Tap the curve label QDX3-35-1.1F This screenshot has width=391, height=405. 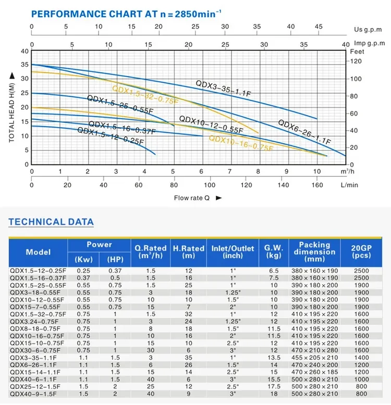click(224, 87)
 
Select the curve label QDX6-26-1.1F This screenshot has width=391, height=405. click(304, 132)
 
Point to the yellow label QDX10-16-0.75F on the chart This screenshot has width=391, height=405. click(241, 143)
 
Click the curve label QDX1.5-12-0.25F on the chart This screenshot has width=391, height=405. click(110, 136)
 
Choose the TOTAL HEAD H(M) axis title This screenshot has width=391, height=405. click(11, 108)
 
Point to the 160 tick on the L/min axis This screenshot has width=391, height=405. click(317, 185)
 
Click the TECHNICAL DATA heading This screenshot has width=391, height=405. click(51, 222)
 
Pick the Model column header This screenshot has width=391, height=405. click(38, 252)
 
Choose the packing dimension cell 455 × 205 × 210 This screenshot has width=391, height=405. click(314, 358)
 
